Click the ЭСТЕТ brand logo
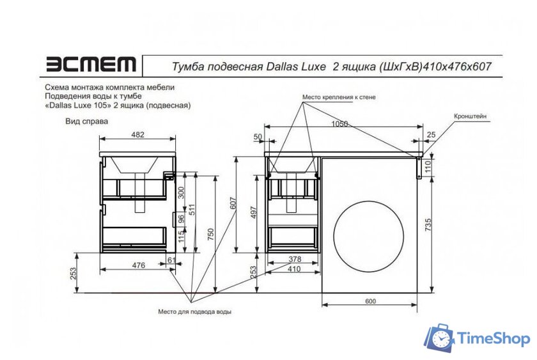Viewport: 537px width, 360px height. click(90, 64)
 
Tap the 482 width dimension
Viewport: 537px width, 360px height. click(137, 134)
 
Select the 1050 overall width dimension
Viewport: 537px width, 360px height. click(339, 124)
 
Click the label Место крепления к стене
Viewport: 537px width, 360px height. click(339, 97)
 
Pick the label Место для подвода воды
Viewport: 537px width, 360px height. click(194, 311)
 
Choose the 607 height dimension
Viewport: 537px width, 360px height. click(233, 203)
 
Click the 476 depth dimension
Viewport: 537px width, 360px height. click(137, 265)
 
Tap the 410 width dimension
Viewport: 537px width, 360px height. click(293, 269)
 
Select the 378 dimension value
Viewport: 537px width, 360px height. click(293, 260)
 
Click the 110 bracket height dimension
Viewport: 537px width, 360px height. click(428, 167)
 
